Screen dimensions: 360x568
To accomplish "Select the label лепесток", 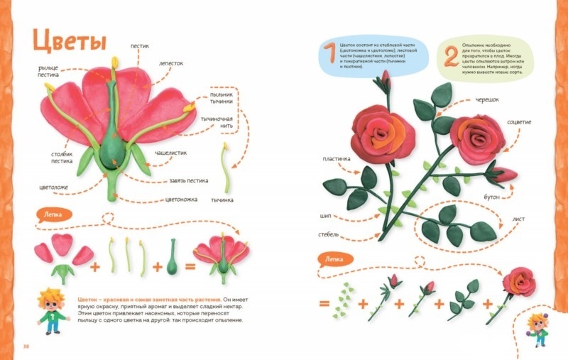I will [171, 62].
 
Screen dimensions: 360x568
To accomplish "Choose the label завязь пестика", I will [189, 180].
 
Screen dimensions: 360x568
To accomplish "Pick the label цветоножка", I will [181, 200].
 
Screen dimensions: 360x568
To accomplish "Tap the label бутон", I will [501, 195].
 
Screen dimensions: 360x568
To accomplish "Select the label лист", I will [518, 219].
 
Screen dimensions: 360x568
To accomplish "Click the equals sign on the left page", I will [190, 268].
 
